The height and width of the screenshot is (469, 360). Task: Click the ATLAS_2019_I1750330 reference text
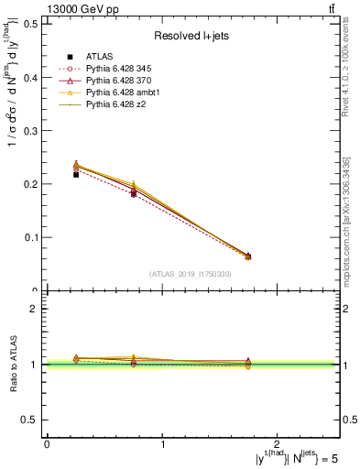191,274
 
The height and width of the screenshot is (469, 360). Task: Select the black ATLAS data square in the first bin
76,174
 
